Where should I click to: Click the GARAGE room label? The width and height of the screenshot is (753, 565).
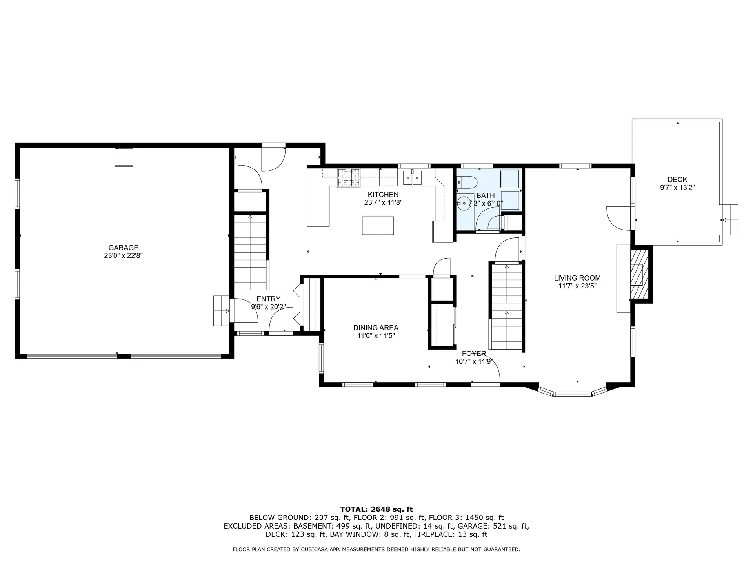click(x=123, y=248)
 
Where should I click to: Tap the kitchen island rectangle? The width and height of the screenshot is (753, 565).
click(x=378, y=226)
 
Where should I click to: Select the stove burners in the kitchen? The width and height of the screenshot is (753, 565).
click(x=349, y=178)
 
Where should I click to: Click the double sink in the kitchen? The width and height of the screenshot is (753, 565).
click(x=412, y=178)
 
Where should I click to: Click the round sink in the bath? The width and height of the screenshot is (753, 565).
click(x=465, y=204)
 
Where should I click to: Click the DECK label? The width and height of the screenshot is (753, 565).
click(x=677, y=180)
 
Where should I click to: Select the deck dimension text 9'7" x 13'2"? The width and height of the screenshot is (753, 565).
click(x=677, y=188)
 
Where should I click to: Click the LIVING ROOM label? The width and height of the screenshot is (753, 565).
click(x=577, y=278)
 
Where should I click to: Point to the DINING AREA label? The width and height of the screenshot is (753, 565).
click(x=376, y=328)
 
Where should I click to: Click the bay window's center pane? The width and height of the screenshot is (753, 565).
click(x=572, y=394)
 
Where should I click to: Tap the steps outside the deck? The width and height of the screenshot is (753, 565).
click(x=730, y=220)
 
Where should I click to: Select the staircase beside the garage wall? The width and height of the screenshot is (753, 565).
click(x=251, y=251)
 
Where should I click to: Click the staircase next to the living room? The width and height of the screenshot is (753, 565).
click(x=506, y=306)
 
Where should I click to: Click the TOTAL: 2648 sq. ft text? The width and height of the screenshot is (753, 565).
click(x=376, y=509)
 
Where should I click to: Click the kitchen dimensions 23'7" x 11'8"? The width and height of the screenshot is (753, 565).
click(x=383, y=203)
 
